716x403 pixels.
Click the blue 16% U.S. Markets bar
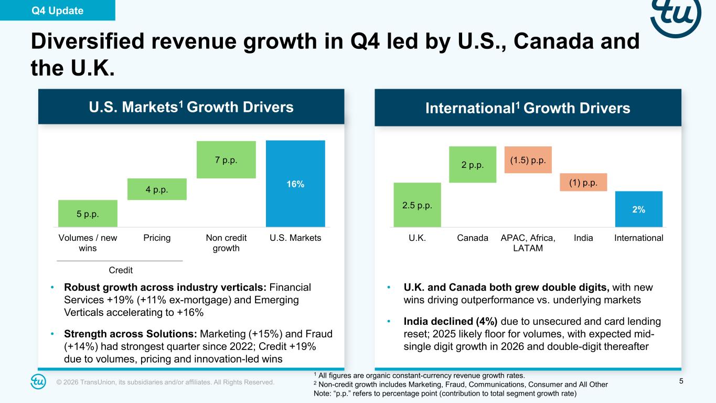point(295,183)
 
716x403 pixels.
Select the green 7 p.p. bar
point(226,160)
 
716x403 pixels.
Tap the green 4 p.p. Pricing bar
point(157,189)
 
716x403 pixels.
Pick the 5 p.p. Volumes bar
point(88,213)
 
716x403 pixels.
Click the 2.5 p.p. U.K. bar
point(417,205)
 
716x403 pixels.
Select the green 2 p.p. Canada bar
point(473,164)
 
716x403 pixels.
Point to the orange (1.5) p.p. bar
point(528,160)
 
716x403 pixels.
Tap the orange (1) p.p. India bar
point(583,182)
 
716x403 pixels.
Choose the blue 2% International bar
point(638,209)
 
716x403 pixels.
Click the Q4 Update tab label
point(57,10)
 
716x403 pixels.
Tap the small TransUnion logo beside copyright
point(38,382)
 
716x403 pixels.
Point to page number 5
point(681,381)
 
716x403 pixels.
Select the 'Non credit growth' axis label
point(226,243)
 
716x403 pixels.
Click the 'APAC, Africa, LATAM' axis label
point(528,243)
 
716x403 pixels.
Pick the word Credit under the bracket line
point(121,270)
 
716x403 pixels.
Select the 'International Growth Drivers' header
point(528,108)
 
